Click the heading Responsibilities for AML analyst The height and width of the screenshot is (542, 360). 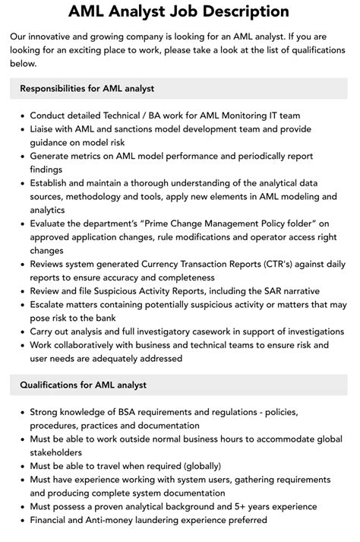coord(87,88)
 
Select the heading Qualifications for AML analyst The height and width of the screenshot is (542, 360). coord(83,385)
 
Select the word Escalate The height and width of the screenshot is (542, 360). coord(52,304)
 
